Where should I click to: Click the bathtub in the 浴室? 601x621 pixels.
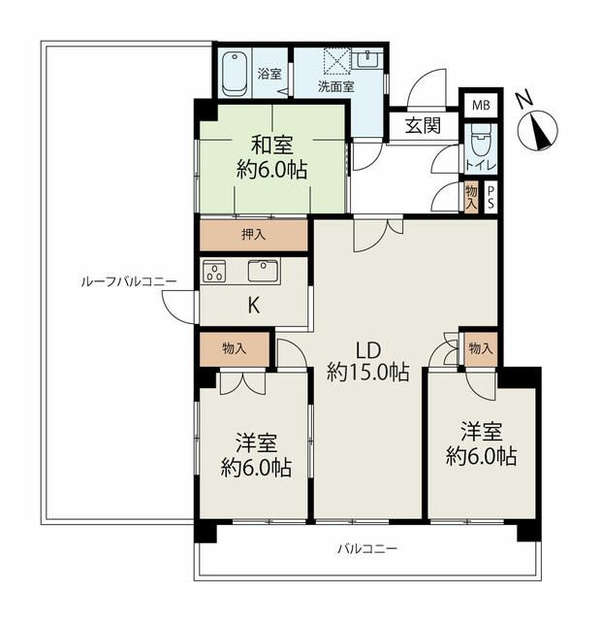[x=235, y=74]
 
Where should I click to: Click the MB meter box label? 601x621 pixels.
[x=481, y=106]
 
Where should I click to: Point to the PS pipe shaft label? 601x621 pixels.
[x=490, y=198]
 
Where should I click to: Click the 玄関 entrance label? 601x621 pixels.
[x=423, y=126]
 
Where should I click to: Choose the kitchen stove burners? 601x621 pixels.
[x=214, y=272]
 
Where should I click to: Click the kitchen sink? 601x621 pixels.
[x=263, y=271]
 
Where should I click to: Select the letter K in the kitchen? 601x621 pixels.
[x=254, y=306]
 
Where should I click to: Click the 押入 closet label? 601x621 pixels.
[x=253, y=235]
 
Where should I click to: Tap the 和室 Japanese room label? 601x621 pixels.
[x=272, y=145]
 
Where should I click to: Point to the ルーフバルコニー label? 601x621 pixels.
[x=129, y=281]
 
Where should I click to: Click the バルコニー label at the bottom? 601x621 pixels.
[x=366, y=549]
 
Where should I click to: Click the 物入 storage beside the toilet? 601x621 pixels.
[x=471, y=198]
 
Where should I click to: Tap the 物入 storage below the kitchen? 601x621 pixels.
[x=235, y=349]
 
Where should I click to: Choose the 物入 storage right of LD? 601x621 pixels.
[x=481, y=349]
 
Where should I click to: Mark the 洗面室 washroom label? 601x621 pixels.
[x=336, y=86]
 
